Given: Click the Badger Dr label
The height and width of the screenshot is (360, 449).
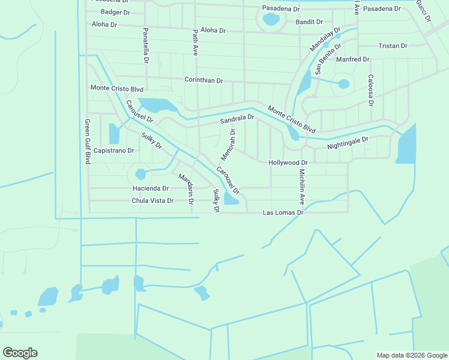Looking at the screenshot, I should tap(115, 12).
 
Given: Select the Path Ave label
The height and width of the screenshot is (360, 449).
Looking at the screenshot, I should tap(195, 43).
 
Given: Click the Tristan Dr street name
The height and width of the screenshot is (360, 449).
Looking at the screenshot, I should tap(393, 46).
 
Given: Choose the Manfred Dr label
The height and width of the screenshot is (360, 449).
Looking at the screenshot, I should tap(352, 59).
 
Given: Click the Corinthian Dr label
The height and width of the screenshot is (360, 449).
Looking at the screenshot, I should tap(203, 80).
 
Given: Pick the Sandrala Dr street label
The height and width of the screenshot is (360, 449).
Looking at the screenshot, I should tap(237, 119).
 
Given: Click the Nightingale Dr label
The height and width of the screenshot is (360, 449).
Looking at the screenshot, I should tap(348, 143).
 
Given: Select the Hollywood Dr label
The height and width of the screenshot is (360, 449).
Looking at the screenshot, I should tap(288, 163).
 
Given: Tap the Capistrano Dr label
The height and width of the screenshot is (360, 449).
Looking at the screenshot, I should tap(113, 150).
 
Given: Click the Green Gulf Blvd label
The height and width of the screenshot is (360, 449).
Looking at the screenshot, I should tap(87, 142).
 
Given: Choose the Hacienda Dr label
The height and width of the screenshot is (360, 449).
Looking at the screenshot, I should tap(150, 188).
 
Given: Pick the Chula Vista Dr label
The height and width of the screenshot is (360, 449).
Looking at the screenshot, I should tap(152, 200).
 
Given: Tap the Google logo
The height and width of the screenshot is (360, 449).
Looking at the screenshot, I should tap(20, 353).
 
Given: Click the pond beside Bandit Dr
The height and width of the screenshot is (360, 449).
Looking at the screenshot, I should tap(271, 19).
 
